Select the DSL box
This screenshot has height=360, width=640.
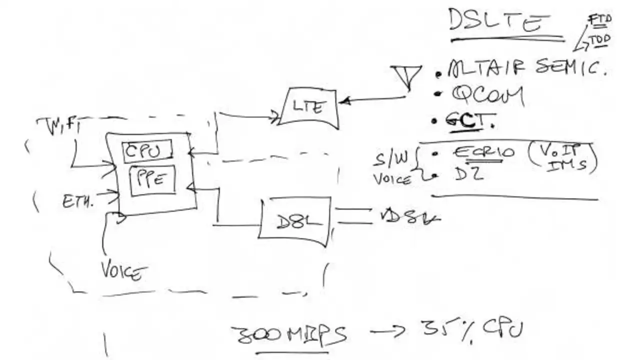click(295, 221)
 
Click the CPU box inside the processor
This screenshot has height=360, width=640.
click(147, 151)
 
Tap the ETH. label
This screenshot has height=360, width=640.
click(78, 201)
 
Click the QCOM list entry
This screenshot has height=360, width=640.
click(487, 95)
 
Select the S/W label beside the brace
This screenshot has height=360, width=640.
click(391, 158)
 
